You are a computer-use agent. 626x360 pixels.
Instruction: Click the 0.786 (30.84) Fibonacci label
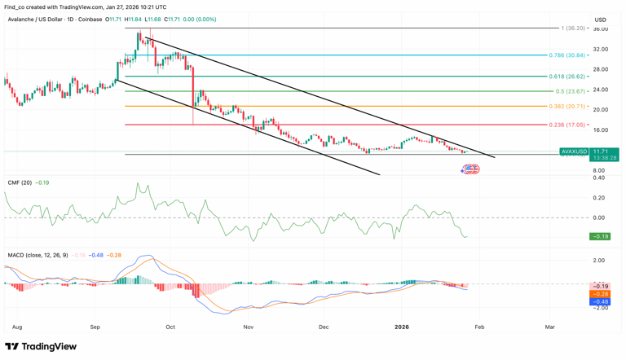pos(567,55)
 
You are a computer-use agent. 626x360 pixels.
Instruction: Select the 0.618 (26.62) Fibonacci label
pos(567,77)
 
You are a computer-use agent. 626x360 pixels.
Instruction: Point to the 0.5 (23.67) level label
pos(571,91)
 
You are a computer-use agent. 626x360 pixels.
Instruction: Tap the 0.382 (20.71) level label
pos(567,107)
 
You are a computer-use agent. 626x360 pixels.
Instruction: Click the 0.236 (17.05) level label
pos(567,125)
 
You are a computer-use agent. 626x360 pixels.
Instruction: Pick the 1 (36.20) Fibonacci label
pos(573,29)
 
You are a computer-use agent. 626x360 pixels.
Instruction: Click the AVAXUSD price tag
pos(574,151)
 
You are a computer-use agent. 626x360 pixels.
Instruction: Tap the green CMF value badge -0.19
pos(600,236)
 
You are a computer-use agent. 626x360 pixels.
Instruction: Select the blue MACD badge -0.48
pos(600,301)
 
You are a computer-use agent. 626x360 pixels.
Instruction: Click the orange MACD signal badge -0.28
pos(600,294)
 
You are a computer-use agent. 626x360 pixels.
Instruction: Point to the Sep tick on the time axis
pos(95,327)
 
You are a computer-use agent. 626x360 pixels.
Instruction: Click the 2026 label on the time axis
pos(401,327)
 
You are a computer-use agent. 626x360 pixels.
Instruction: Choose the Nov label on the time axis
pos(249,327)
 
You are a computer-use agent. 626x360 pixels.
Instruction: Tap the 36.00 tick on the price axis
pos(601,29)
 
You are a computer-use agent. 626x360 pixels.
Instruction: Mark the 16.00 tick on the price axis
pos(601,130)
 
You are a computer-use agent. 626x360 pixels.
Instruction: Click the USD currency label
pos(601,20)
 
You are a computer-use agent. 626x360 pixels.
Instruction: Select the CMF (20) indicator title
pos(20,182)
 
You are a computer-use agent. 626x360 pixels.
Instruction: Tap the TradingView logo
pos(41,346)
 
